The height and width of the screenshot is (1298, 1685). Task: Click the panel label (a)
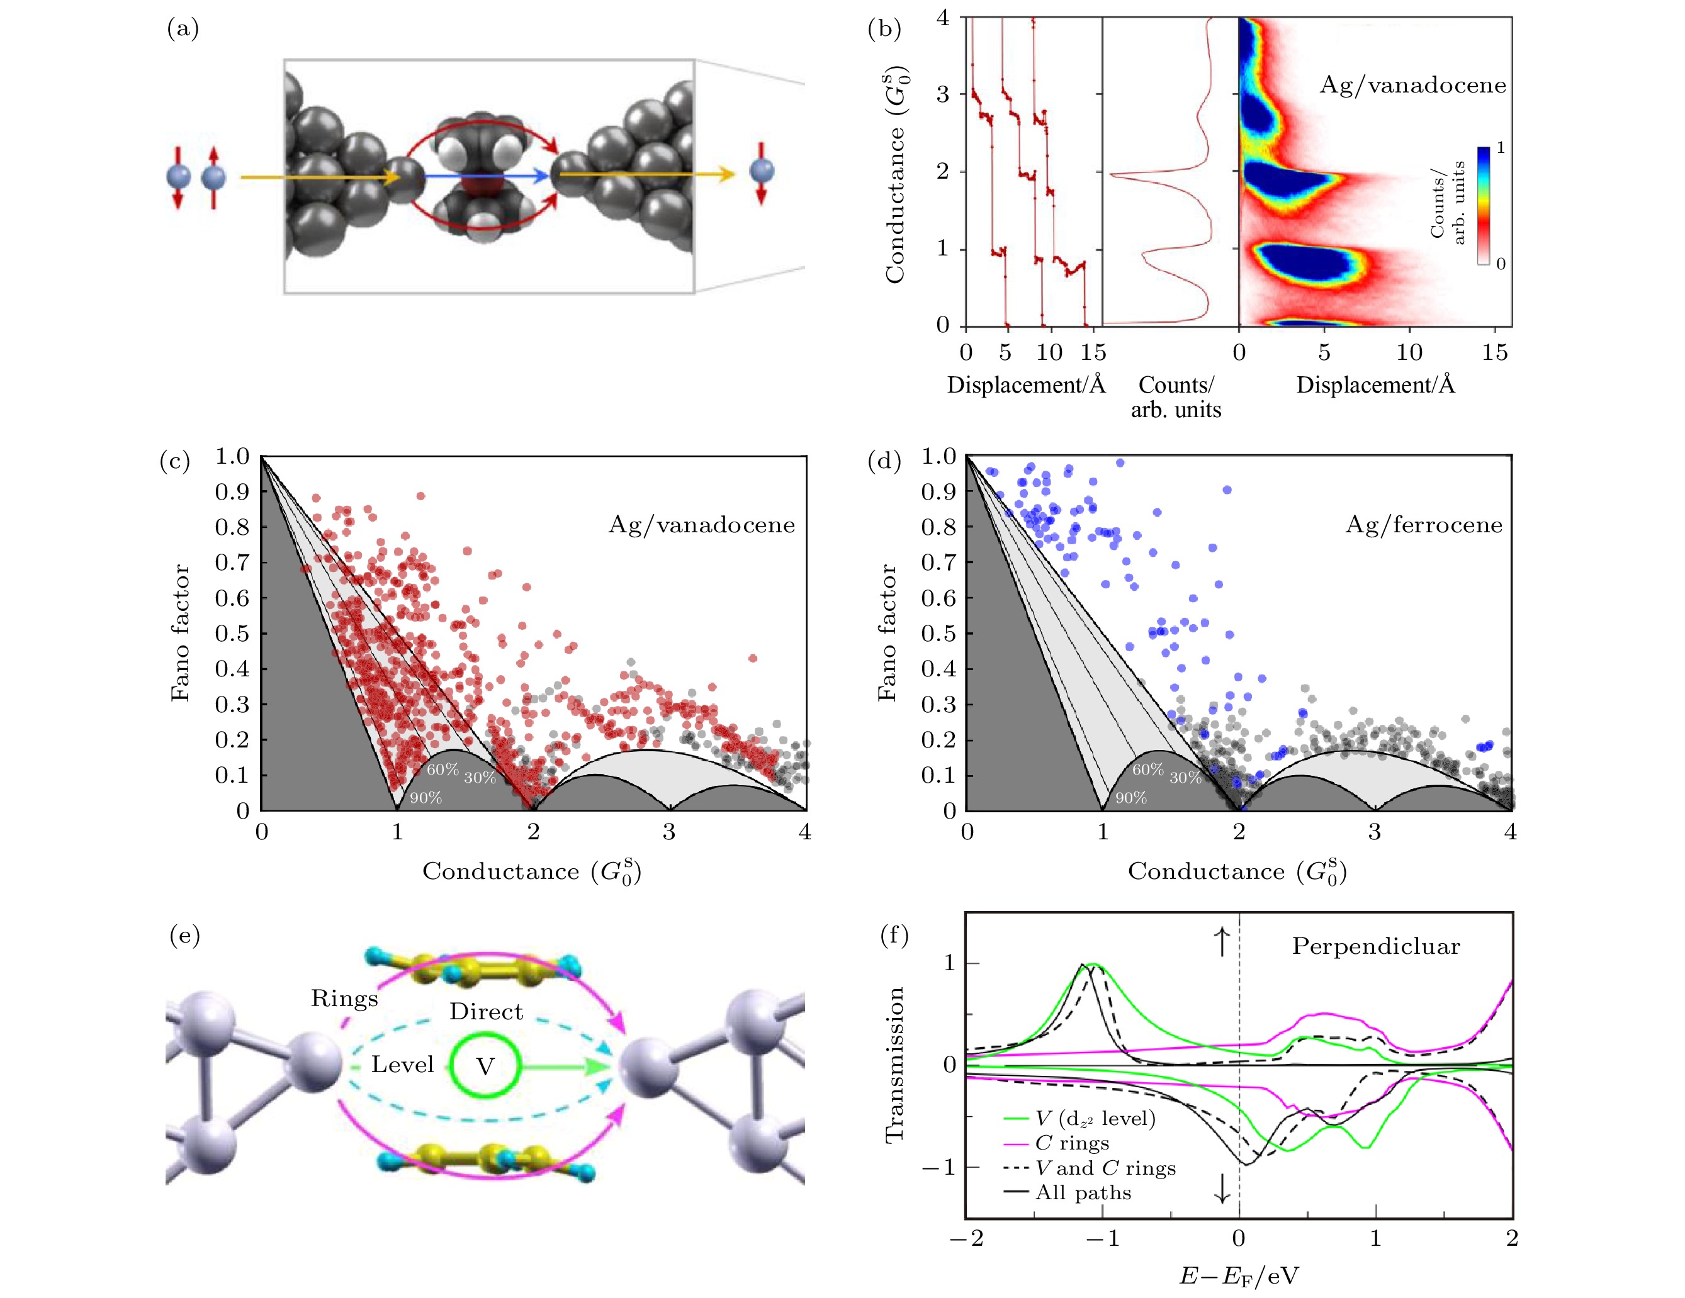pos(183,30)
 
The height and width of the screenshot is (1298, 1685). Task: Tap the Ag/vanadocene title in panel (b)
pos(1412,85)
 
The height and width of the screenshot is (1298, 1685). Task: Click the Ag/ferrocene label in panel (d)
pos(1423,525)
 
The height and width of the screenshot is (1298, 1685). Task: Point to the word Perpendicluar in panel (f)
pos(1375,946)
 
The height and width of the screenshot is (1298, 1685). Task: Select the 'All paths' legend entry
pos(1083,1193)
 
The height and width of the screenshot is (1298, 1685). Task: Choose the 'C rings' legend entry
pos(1072,1143)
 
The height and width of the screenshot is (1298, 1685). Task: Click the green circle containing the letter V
pos(485,1066)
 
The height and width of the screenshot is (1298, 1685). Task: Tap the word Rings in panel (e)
pos(344,999)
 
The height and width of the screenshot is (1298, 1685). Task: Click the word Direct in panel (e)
pos(486,1012)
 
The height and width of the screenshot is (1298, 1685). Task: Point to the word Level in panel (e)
pos(402,1065)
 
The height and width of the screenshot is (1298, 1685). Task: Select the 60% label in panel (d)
pos(1147,769)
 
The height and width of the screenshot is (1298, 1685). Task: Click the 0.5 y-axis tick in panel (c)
pos(232,633)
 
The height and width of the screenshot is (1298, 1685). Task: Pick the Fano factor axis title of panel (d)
pos(888,632)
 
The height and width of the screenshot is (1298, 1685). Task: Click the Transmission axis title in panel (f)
pos(894,1065)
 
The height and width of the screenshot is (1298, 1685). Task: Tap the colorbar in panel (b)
pos(1483,205)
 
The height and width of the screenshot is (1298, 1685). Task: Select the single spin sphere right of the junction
pos(761,172)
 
